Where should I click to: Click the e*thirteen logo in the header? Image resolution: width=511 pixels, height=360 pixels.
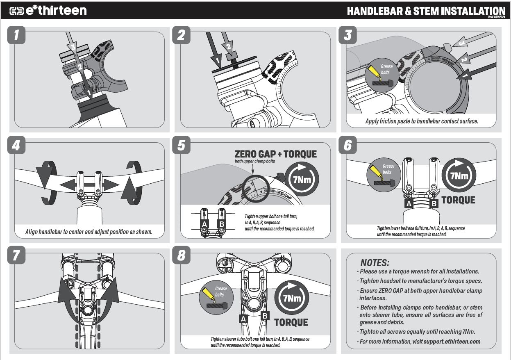point(48,11)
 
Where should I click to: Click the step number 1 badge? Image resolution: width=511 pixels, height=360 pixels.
point(16,35)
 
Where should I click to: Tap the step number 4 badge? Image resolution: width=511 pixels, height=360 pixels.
point(16,146)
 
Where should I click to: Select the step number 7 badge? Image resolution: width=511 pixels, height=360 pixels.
point(16,255)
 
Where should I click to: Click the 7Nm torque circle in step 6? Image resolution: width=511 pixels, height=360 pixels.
point(459,175)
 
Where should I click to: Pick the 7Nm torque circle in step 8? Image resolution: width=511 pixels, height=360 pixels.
point(292,297)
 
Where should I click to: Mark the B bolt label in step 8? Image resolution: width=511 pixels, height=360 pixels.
point(265,316)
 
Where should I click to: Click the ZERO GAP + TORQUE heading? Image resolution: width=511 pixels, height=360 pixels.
point(275,154)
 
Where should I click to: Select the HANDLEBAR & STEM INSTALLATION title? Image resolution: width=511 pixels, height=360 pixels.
point(426,11)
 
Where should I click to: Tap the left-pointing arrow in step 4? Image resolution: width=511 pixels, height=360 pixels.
point(68,185)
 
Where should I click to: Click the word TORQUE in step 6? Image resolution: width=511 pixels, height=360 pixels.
point(458,200)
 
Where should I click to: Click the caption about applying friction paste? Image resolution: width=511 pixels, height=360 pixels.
point(422,121)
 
